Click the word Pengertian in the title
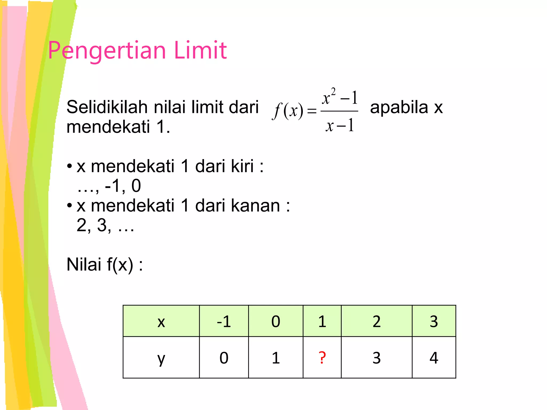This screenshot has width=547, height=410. click(x=107, y=51)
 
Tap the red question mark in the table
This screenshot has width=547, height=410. click(x=322, y=358)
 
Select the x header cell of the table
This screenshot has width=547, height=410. click(x=161, y=321)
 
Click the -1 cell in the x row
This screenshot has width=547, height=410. click(x=224, y=321)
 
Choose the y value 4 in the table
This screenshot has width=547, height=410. click(x=434, y=358)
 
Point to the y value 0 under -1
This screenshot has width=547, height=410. click(x=224, y=358)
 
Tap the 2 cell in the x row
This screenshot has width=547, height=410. click(x=377, y=321)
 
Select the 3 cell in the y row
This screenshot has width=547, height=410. click(x=377, y=358)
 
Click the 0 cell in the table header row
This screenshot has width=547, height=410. click(x=276, y=321)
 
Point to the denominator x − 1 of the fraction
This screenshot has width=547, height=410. click(x=339, y=125)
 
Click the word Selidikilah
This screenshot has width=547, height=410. click(x=107, y=107)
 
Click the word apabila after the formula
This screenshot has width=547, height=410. click(x=399, y=107)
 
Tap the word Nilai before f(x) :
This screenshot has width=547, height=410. click(x=84, y=265)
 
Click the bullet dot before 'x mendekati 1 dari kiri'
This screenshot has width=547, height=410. click(x=69, y=166)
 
